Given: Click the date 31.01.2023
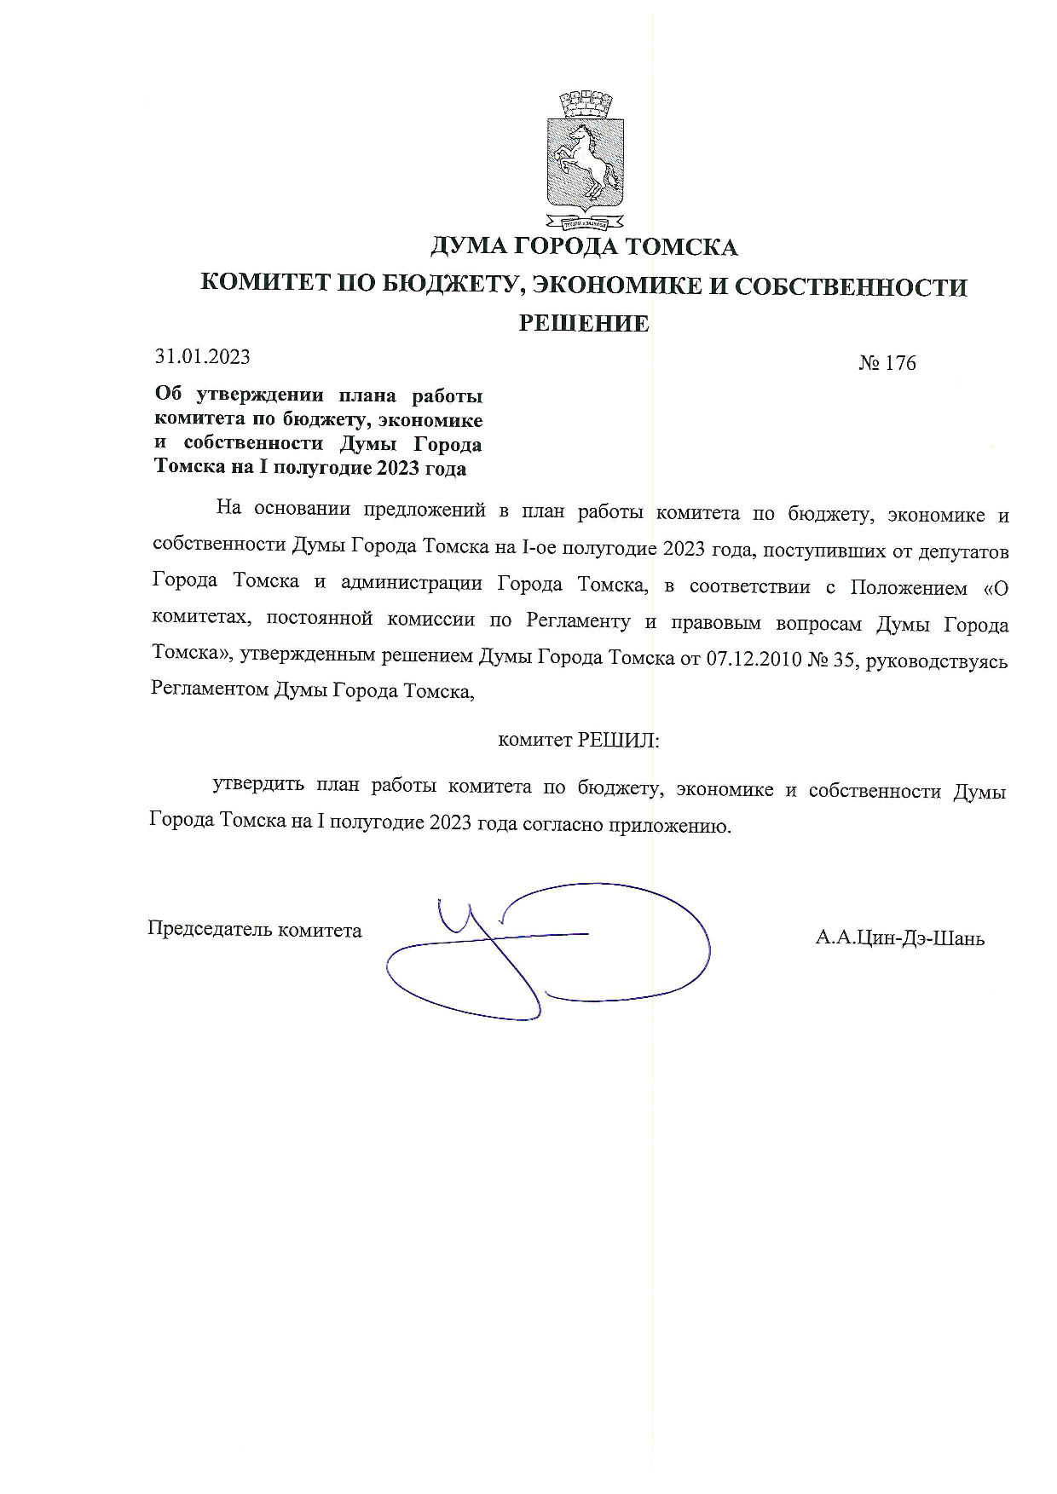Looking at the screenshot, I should coord(202,356).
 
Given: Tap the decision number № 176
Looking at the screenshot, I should coord(887,363).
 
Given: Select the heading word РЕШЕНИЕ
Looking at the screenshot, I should coord(585,323).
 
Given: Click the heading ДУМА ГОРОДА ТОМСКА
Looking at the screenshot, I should coord(584,247).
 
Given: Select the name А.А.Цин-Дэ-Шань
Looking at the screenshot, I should coord(899,938).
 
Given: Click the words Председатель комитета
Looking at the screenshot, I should coord(255,929).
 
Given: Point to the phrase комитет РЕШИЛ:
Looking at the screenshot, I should coord(579,740).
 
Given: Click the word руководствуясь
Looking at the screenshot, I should coord(937,660).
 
